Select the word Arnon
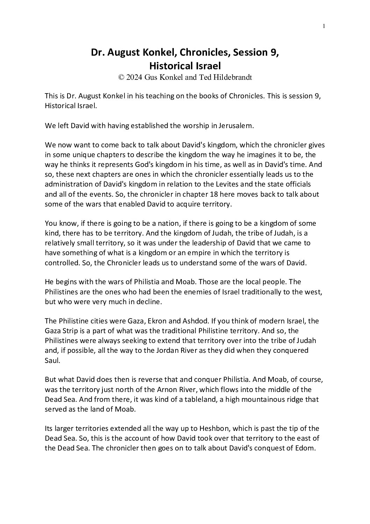click(164, 390)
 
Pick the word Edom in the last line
click(307, 448)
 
